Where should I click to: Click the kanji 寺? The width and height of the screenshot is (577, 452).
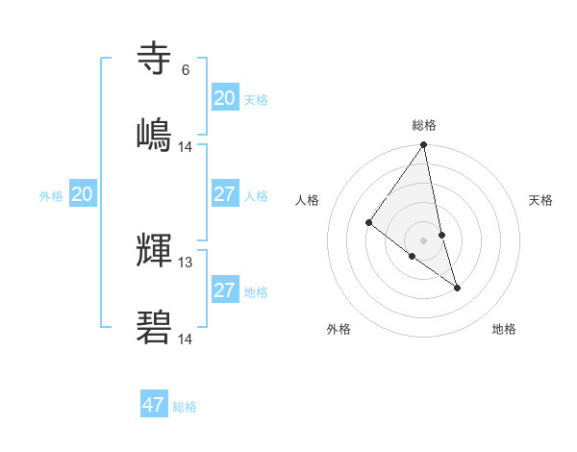(155, 60)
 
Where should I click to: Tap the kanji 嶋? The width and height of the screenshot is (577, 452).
(155, 134)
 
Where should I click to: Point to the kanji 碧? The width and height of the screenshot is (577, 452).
(155, 327)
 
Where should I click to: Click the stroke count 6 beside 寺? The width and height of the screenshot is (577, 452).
(185, 70)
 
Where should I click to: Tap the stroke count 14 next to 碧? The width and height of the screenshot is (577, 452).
(186, 339)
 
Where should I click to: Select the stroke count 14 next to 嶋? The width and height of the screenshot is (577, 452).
(186, 146)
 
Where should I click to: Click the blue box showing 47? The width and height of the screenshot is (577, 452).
(154, 405)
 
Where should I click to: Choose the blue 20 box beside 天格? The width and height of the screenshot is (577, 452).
(225, 97)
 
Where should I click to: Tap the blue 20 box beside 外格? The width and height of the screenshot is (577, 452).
(83, 194)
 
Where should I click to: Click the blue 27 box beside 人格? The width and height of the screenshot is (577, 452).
(225, 194)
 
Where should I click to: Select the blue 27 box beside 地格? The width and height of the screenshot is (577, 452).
(225, 290)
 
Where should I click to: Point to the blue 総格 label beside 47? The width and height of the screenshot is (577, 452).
(185, 407)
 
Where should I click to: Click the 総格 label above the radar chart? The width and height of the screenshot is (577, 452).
(424, 125)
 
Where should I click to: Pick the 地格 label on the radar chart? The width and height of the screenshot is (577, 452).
(504, 329)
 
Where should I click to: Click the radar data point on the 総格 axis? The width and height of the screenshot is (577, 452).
(424, 145)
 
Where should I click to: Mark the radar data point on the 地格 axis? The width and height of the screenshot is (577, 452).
(457, 287)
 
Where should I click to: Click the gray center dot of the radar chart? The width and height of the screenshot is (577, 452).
(424, 239)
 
